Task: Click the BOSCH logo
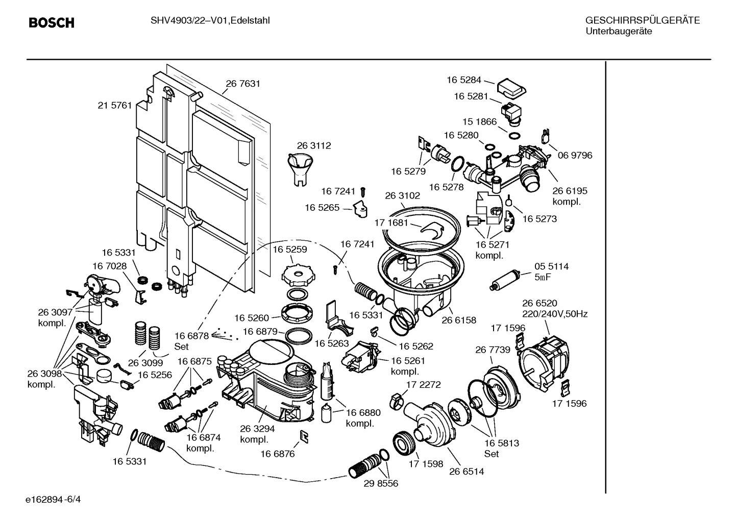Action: point(51,23)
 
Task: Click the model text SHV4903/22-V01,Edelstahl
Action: point(210,20)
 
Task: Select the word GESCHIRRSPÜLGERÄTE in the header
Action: point(642,20)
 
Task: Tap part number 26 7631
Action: point(243,84)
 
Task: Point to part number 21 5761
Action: point(115,106)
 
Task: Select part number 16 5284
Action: point(463,80)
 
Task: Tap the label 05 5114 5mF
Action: point(551,271)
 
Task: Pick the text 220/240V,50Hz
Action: point(554,314)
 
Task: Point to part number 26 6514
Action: point(466,472)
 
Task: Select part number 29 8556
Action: point(381,483)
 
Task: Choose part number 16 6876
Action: point(278,454)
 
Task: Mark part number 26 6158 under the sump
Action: point(458,320)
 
